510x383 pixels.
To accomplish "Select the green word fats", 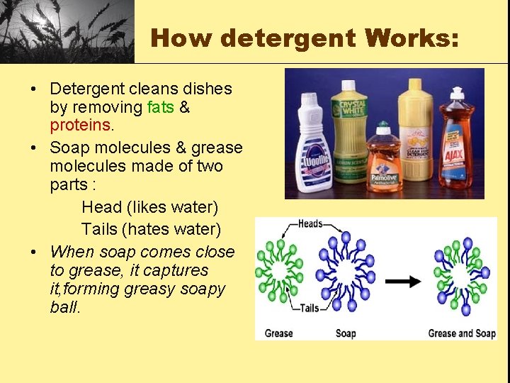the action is click(x=160, y=108).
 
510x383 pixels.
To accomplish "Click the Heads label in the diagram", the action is click(x=310, y=224).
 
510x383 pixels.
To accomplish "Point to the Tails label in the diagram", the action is click(x=309, y=309).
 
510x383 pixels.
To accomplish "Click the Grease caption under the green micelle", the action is click(x=279, y=333).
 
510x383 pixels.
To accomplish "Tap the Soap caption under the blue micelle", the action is click(x=346, y=333).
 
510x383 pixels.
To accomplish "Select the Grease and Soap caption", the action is click(x=461, y=333).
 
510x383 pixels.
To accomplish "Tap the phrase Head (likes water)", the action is click(x=150, y=208).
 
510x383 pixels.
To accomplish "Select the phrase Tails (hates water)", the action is click(x=151, y=230).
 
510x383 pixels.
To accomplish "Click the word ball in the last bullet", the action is click(x=64, y=308).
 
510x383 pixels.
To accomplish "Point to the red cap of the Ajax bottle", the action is click(x=457, y=93).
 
